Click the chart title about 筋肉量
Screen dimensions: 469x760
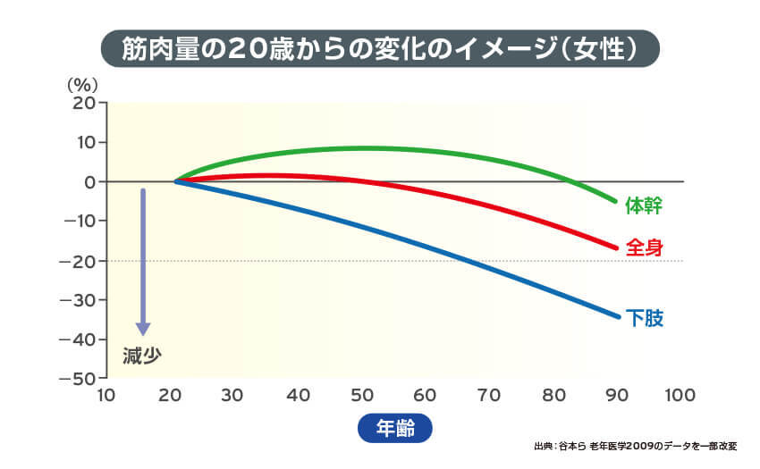point(379,48)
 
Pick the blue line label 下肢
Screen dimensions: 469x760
point(643,317)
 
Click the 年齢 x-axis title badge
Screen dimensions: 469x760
point(394,427)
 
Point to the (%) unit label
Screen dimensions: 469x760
point(81,85)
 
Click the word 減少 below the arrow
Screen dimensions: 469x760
point(141,356)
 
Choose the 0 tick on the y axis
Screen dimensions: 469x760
point(89,181)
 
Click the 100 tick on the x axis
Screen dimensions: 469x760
point(680,396)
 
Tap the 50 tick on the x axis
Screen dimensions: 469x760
point(361,396)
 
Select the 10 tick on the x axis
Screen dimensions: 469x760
point(106,396)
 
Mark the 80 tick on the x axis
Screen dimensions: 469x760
point(553,396)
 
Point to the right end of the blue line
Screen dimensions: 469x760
point(617,316)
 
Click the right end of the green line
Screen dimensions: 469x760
point(616,201)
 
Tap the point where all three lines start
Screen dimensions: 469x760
point(175,181)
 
